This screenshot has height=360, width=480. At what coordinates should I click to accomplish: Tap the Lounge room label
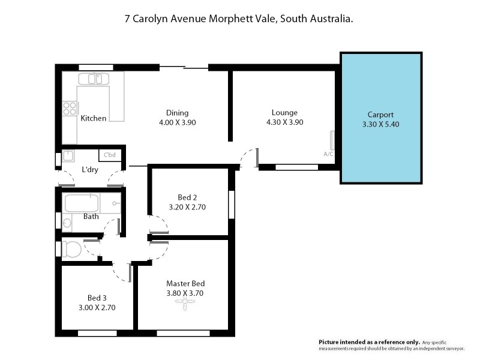[284, 112]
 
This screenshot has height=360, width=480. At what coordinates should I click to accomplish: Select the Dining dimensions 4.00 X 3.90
[177, 122]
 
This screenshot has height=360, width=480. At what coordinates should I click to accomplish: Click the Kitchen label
[94, 118]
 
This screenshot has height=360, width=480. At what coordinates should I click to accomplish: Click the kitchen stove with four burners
[70, 109]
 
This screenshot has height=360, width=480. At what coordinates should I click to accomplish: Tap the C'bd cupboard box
[109, 155]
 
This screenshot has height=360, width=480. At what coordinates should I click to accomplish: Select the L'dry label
[91, 170]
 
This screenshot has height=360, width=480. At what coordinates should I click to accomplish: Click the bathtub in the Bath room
[82, 203]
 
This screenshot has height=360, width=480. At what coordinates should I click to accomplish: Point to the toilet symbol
[73, 248]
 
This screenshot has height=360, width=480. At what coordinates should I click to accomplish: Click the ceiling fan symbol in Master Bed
[186, 305]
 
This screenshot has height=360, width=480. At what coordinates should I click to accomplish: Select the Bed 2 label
[187, 197]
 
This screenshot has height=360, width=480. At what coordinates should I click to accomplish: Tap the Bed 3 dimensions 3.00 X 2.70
[97, 307]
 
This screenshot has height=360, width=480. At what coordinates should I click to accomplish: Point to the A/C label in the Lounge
[328, 154]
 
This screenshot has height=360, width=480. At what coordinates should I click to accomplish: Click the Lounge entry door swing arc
[247, 158]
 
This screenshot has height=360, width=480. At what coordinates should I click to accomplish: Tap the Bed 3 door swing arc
[122, 273]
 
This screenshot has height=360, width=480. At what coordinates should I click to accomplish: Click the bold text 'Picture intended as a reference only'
[370, 341]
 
